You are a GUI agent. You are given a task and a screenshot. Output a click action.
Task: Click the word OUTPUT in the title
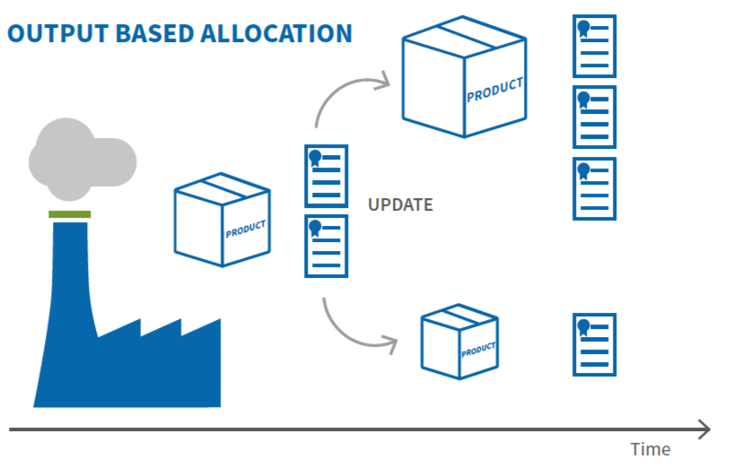pyautogui.click(x=58, y=34)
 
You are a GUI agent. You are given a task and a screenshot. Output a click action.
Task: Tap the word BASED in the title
pyautogui.click(x=154, y=34)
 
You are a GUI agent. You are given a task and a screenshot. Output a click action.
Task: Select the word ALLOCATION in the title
pyautogui.click(x=276, y=34)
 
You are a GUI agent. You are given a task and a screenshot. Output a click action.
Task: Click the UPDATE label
pyautogui.click(x=400, y=204)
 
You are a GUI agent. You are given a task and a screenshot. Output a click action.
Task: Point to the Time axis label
pyautogui.click(x=650, y=449)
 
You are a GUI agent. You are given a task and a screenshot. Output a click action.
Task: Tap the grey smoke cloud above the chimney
pyautogui.click(x=83, y=160)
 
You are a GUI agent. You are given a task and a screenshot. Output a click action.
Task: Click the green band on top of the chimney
pyautogui.click(x=70, y=214)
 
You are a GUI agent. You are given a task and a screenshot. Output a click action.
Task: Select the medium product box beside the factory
pyautogui.click(x=222, y=220)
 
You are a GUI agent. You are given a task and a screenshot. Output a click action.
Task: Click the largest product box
pyautogui.click(x=464, y=77)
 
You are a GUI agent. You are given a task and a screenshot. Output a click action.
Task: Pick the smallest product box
pyautogui.click(x=459, y=342)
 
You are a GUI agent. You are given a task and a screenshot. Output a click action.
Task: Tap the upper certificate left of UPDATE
pyautogui.click(x=327, y=176)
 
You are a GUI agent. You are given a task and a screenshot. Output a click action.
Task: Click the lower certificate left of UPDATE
pyautogui.click(x=327, y=246)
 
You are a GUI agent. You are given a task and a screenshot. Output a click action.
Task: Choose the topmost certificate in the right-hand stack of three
pyautogui.click(x=595, y=47)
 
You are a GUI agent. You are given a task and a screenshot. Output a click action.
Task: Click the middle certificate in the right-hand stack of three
pyautogui.click(x=595, y=117)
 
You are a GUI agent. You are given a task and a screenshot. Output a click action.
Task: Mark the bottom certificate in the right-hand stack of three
pyautogui.click(x=595, y=188)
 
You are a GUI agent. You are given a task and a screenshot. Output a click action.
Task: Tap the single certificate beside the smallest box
pyautogui.click(x=595, y=344)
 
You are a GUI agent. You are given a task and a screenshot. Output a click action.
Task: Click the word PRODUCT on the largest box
pyautogui.click(x=494, y=91)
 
